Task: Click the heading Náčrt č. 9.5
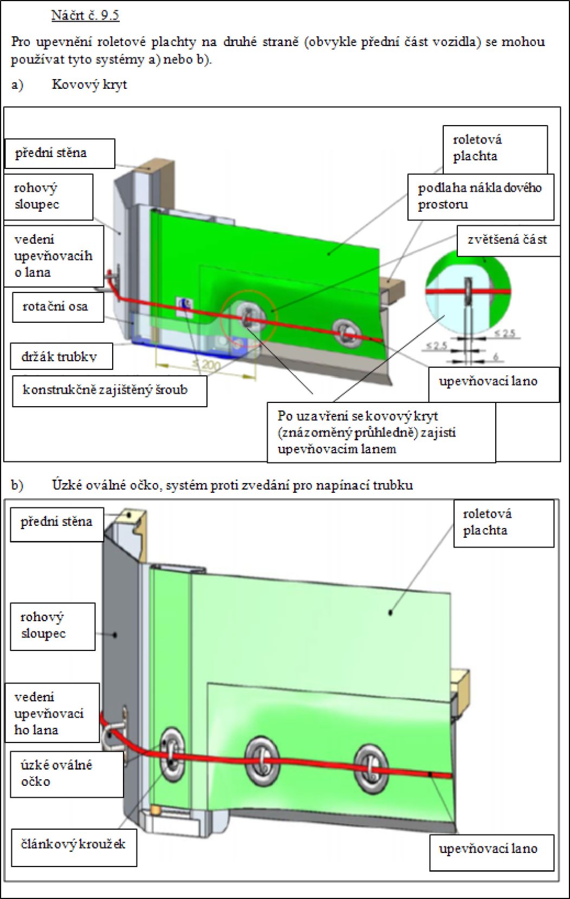click(85, 15)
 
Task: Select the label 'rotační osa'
click(55, 307)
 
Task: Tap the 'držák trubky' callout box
click(59, 356)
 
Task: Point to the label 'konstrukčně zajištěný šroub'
click(105, 390)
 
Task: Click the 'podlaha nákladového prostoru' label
click(480, 196)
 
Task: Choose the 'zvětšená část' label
click(507, 239)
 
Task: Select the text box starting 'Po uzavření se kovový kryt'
click(366, 432)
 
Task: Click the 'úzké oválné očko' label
click(56, 773)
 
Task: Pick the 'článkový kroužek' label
click(73, 844)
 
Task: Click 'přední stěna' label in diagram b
click(56, 522)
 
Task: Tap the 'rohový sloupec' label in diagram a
click(36, 196)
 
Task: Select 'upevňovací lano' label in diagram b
click(488, 849)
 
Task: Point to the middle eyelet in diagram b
click(262, 760)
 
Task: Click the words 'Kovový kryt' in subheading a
click(89, 84)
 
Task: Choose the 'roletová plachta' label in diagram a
click(477, 148)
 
